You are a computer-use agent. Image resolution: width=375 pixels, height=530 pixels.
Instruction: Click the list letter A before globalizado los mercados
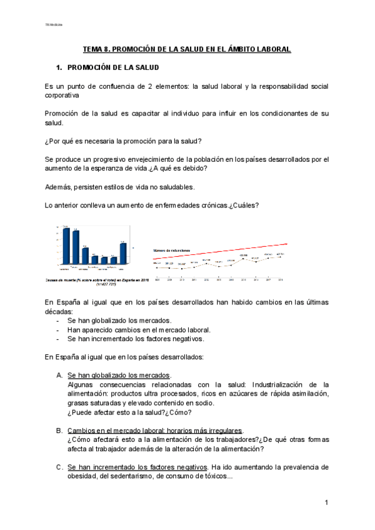click(59, 376)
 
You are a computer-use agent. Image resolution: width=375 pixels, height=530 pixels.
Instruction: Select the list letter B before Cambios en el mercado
click(59, 431)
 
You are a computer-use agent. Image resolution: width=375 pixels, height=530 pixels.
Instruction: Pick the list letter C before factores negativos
click(59, 467)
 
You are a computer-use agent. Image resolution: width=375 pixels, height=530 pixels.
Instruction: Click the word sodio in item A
click(200, 403)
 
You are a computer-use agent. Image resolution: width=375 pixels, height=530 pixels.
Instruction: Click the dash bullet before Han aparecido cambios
click(58, 330)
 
